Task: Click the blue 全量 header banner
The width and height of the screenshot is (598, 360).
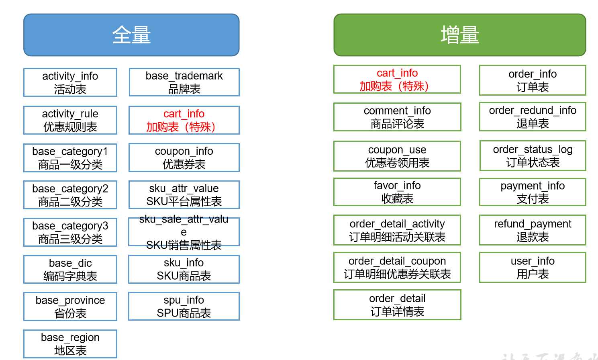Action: [131, 35]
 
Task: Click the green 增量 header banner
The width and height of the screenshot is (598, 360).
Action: [459, 35]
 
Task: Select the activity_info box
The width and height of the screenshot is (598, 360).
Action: [70, 82]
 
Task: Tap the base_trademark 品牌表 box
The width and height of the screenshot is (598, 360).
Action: [184, 82]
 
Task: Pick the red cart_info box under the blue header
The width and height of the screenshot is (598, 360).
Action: [184, 120]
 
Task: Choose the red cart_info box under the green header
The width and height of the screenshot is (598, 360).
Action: [397, 79]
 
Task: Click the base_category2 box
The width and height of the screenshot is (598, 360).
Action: [70, 195]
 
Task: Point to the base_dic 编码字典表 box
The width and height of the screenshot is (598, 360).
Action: [70, 269]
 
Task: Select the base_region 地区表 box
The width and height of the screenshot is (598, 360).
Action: [70, 344]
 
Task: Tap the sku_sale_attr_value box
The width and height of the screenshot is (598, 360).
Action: [184, 232]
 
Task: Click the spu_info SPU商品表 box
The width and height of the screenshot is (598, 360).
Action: [184, 306]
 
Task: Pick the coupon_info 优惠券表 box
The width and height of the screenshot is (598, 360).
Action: [184, 157]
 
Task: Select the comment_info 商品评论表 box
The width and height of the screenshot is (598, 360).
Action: [397, 117]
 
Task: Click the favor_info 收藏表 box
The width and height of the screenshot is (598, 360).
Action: [397, 192]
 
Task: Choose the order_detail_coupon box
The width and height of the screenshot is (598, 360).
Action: [397, 267]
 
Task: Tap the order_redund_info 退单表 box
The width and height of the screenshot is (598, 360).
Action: [533, 117]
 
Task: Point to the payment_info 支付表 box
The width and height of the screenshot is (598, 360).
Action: [533, 192]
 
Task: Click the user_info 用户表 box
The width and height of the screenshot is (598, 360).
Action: [533, 267]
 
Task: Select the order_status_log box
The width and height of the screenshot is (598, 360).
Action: [533, 155]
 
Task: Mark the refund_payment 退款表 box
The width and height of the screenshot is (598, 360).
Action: [533, 230]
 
